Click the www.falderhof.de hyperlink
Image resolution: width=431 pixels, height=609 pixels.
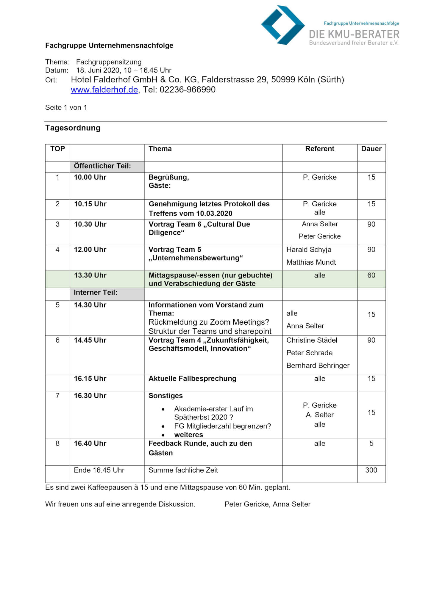tap(104, 90)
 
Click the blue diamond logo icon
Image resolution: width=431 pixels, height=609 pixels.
tap(282, 25)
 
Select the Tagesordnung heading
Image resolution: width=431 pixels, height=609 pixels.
tap(73, 128)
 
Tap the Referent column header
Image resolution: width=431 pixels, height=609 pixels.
tap(319, 149)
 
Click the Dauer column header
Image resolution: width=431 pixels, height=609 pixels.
tap(371, 149)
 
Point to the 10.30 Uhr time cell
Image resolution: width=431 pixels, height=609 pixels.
tap(90, 224)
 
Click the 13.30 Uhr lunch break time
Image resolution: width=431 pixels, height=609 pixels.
tap(90, 275)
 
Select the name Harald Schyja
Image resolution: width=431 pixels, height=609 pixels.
tap(309, 249)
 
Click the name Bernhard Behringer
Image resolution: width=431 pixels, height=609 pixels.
tap(318, 365)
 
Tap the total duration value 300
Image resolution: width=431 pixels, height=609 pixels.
tap(371, 470)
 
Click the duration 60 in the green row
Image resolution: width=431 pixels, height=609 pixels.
tap(371, 275)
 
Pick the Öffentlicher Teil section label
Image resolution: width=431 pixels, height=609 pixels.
tap(102, 166)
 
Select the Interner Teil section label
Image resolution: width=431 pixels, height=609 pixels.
tap(95, 293)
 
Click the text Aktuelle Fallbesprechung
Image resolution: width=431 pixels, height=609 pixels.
tap(192, 379)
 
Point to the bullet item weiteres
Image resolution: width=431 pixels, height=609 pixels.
tap(188, 435)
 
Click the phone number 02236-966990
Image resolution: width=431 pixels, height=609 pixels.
tap(187, 90)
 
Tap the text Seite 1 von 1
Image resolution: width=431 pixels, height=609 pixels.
tap(66, 108)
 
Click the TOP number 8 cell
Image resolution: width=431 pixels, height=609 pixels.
tap(57, 443)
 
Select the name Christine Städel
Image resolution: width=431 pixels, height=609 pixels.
tap(312, 340)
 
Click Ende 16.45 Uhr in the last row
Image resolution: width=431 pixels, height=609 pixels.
tap(99, 470)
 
